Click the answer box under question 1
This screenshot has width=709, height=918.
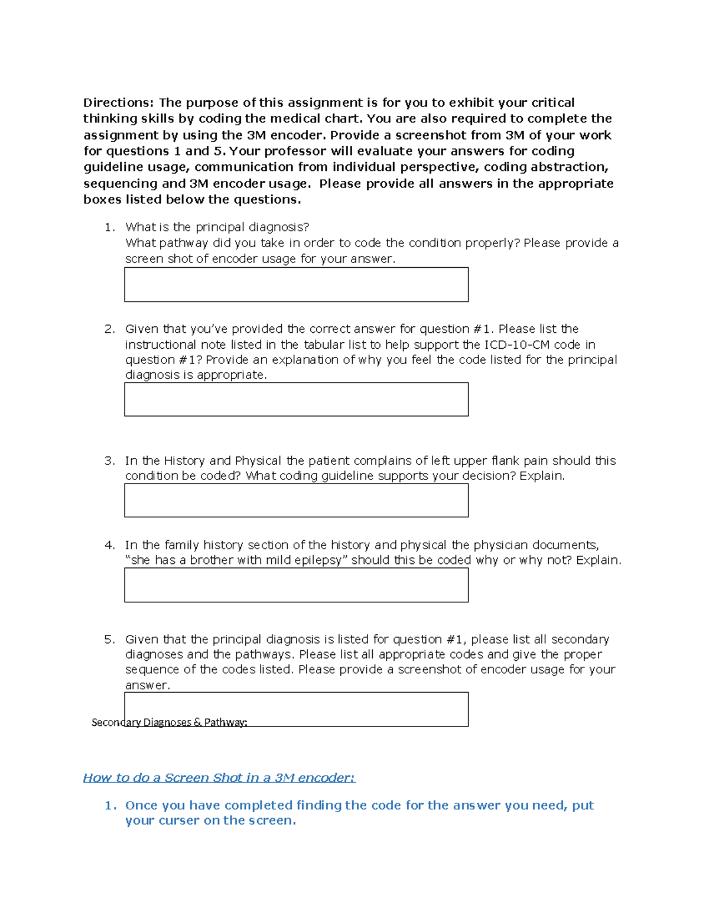click(x=296, y=284)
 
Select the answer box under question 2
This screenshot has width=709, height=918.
click(x=296, y=399)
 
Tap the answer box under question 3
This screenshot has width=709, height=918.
click(x=296, y=500)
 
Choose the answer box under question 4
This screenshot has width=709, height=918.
click(x=296, y=585)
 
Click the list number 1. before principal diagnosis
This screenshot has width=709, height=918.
click(x=109, y=228)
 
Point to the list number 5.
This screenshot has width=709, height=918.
click(x=109, y=640)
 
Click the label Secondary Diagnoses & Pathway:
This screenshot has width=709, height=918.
click(x=169, y=722)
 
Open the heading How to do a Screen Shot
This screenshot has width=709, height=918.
click(x=219, y=778)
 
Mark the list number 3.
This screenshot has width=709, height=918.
click(x=109, y=461)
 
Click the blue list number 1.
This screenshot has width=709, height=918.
click(x=110, y=806)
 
